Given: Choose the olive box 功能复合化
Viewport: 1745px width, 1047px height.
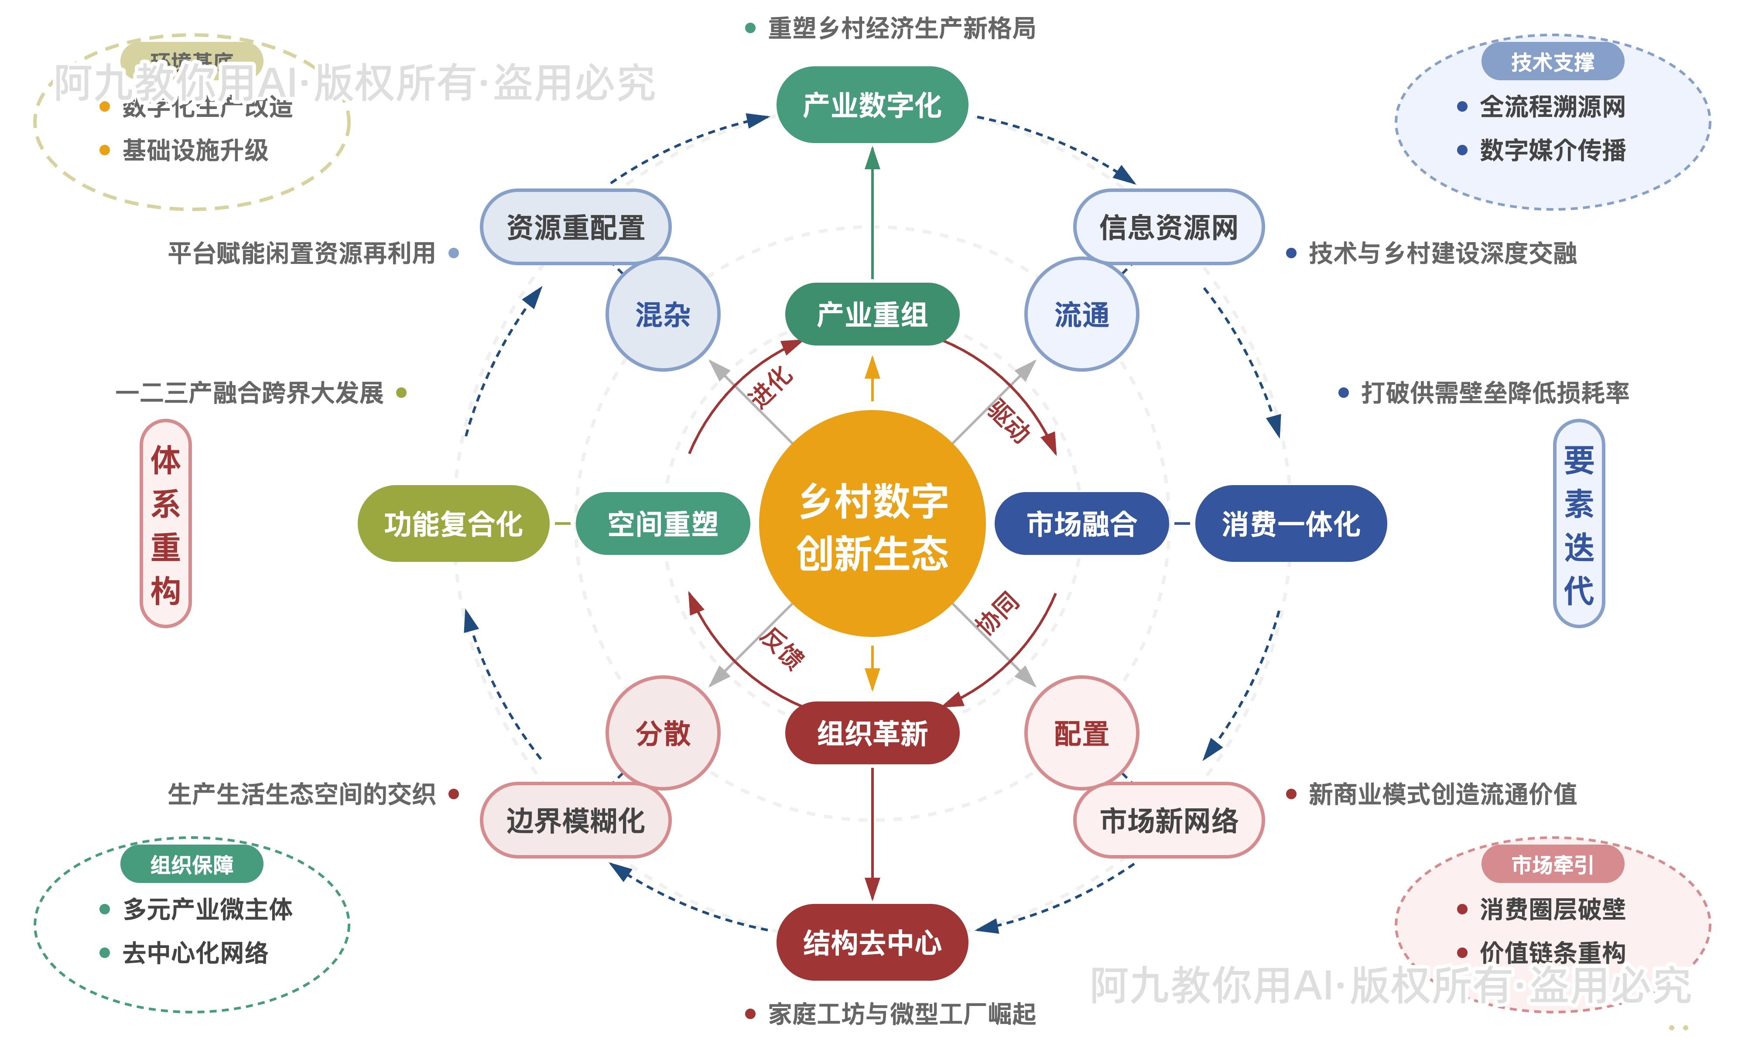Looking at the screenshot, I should (453, 523).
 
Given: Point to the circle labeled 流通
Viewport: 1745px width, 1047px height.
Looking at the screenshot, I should (1081, 315).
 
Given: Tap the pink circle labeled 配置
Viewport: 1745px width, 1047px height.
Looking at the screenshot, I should (1081, 733).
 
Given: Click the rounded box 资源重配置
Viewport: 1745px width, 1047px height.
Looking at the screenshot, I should (575, 227).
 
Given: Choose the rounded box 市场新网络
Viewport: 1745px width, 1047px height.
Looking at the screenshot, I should (1169, 821).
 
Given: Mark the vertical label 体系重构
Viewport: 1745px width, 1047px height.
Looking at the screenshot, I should (166, 523).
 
